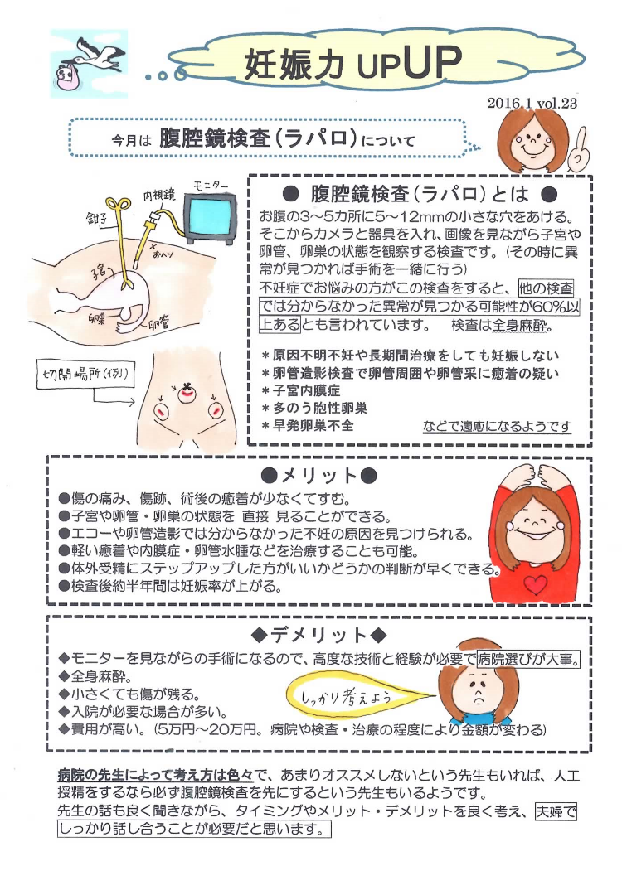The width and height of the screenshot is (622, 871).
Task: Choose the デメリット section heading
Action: click(318, 636)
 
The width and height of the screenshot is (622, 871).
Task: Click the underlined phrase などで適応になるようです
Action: click(496, 427)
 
